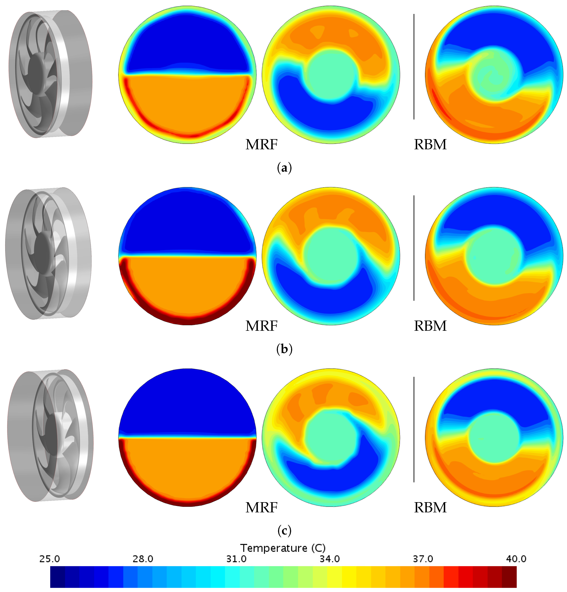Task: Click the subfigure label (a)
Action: (x=284, y=168)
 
